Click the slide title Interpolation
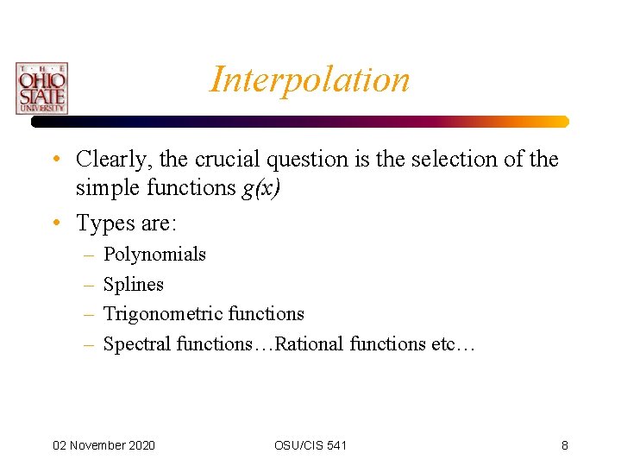[x=310, y=79]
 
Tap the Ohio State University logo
[x=41, y=88]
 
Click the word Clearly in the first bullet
[x=109, y=160]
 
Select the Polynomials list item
[x=154, y=255]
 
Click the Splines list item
[x=133, y=285]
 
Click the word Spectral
[x=136, y=344]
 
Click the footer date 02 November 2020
[x=103, y=445]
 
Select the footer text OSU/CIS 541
[x=310, y=445]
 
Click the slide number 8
[x=564, y=445]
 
